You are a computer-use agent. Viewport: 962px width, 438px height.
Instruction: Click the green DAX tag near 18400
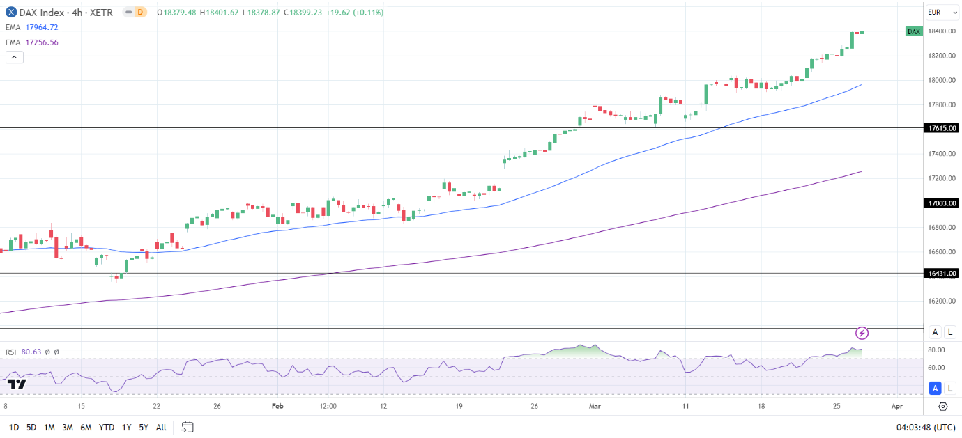[914, 31]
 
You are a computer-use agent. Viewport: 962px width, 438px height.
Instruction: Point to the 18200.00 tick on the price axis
[940, 56]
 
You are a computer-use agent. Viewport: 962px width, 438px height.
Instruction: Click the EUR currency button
[935, 13]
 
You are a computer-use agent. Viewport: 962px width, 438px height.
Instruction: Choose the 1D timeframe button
[14, 427]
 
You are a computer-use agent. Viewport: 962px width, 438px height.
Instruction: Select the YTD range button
[107, 427]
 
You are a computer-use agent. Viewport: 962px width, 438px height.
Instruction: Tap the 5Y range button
[143, 427]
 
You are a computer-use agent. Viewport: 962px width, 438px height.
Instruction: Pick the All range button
[161, 427]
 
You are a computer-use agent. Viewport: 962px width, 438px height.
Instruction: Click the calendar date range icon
[187, 427]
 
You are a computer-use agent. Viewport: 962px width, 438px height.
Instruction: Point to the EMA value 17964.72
[41, 28]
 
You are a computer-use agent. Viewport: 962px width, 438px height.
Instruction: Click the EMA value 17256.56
[41, 42]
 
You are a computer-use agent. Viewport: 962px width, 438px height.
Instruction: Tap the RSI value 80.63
[31, 352]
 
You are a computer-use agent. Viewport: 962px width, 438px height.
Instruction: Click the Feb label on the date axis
[277, 406]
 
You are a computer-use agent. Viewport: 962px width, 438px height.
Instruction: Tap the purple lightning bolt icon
[862, 333]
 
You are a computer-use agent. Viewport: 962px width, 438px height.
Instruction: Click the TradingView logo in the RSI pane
[17, 384]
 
